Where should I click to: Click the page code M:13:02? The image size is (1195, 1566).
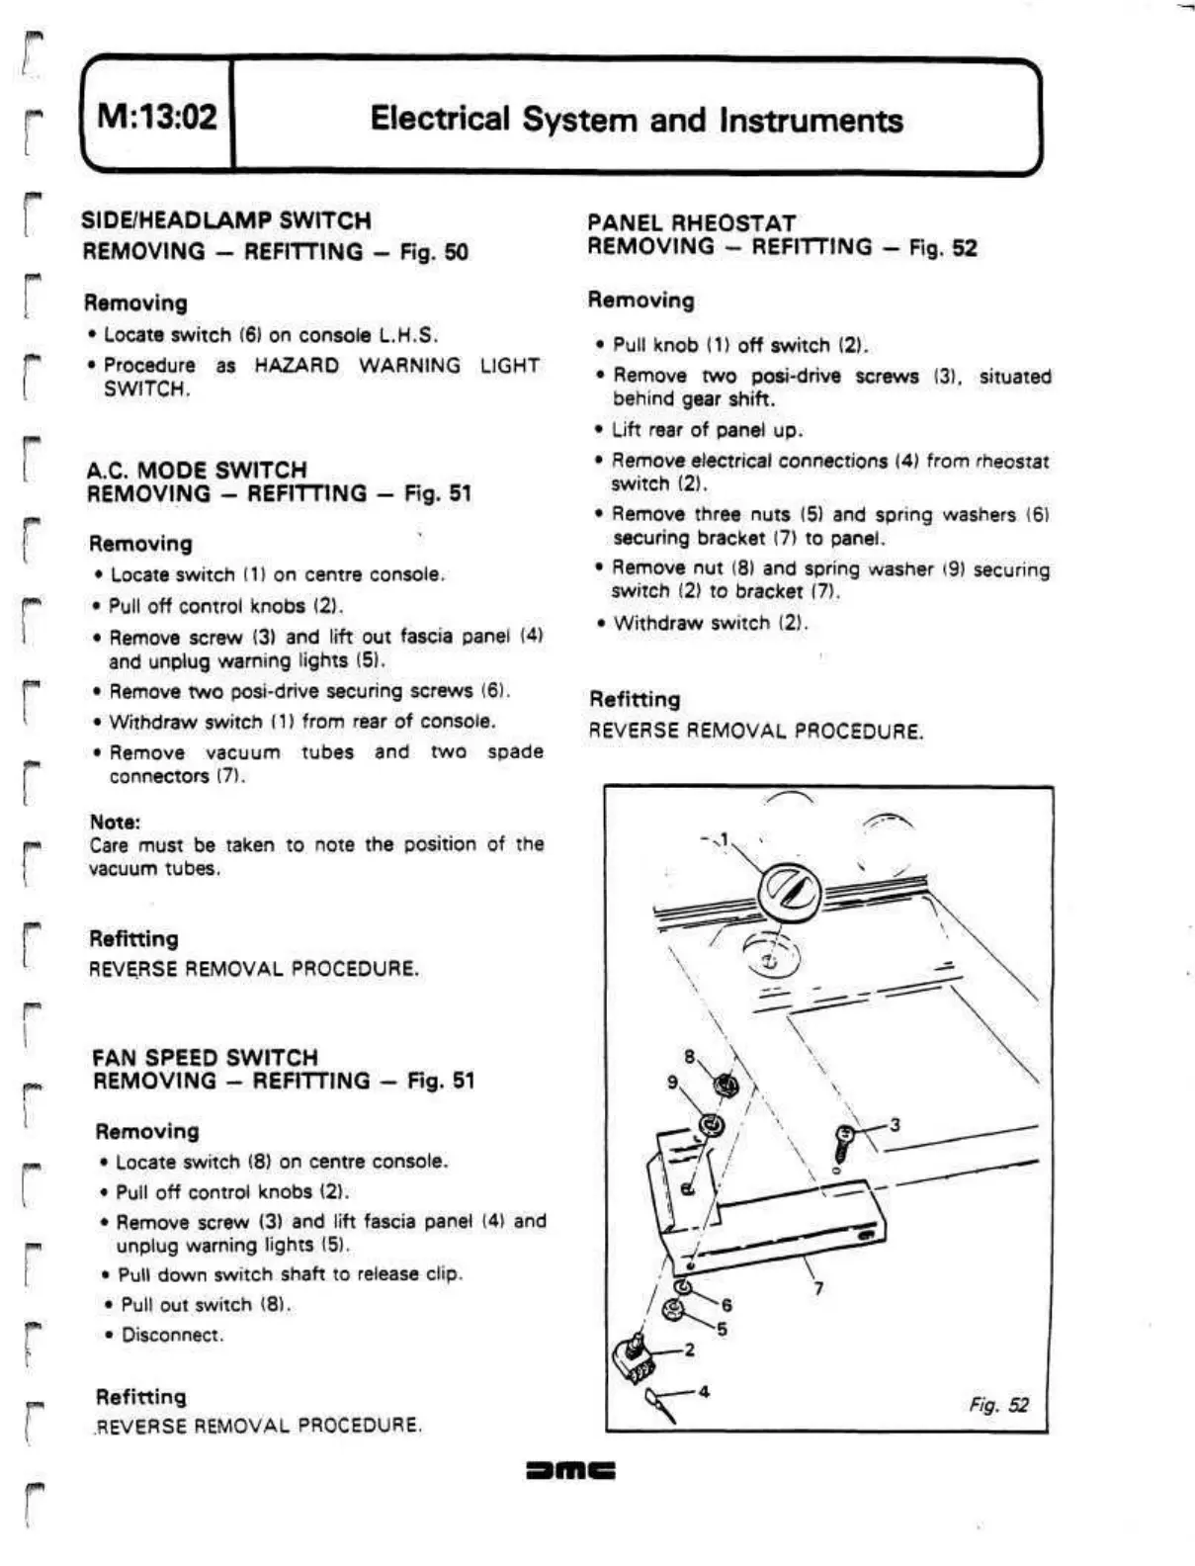click(x=157, y=118)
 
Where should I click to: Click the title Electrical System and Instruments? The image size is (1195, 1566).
click(x=636, y=120)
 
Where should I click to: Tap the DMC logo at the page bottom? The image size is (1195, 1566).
click(x=571, y=1470)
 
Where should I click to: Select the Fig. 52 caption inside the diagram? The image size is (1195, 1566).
click(x=998, y=1405)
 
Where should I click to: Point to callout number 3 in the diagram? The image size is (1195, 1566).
click(x=895, y=1124)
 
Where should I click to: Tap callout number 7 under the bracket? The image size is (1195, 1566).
click(x=818, y=1288)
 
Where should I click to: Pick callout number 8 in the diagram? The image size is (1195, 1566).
click(x=689, y=1055)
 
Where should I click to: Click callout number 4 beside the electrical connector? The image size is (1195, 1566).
click(x=704, y=1391)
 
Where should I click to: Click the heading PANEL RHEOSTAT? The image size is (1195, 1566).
click(x=691, y=222)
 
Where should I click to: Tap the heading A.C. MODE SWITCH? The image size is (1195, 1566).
click(x=197, y=469)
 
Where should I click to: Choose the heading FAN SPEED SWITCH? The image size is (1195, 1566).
click(x=205, y=1056)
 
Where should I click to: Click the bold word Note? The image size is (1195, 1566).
click(x=115, y=822)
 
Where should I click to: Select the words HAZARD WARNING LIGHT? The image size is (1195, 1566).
click(x=396, y=365)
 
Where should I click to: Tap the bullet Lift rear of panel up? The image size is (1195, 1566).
click(x=707, y=429)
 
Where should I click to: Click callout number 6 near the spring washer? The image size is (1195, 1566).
click(x=726, y=1305)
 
